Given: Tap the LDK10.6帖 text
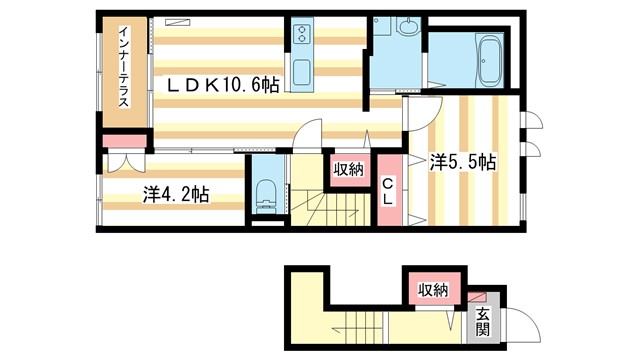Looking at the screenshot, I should [x=222, y=87].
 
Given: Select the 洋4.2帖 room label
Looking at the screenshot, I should [x=175, y=194].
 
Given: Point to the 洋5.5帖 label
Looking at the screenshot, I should [x=464, y=161].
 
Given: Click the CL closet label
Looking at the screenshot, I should [x=389, y=191].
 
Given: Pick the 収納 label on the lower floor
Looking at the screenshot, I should [x=433, y=290].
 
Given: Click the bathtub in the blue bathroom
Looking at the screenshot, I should [x=489, y=60].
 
